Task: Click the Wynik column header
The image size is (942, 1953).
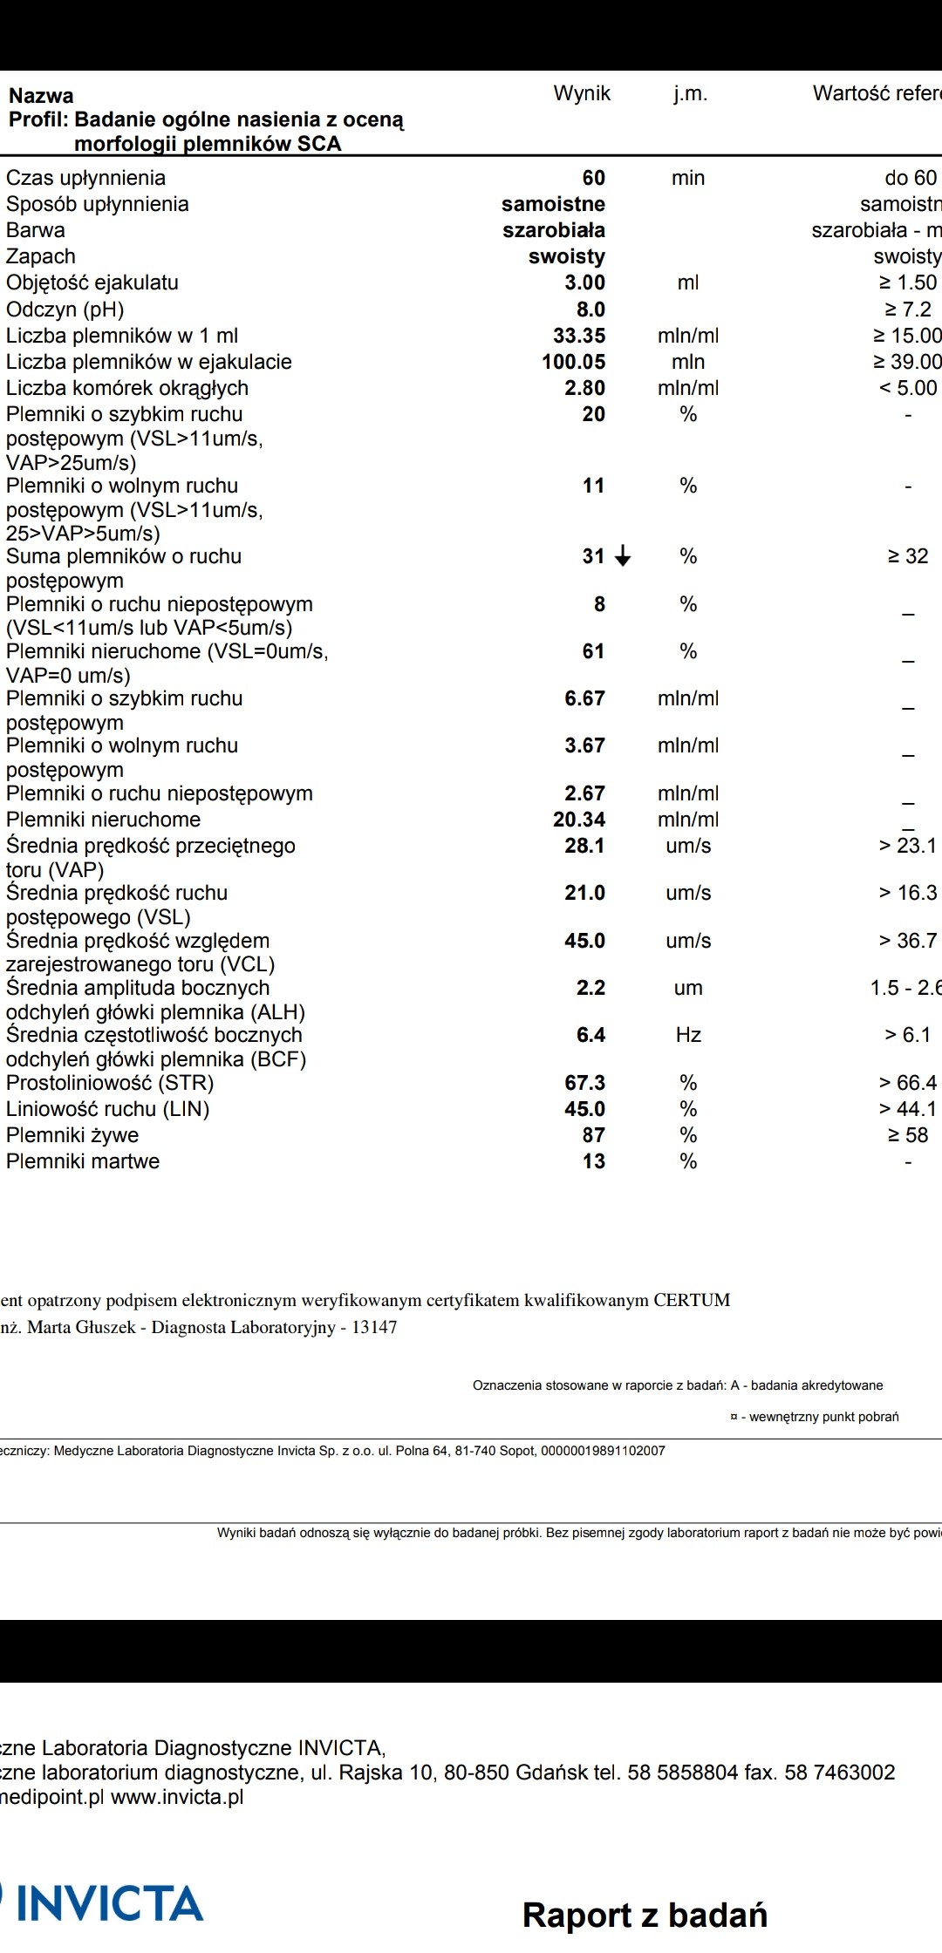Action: tap(582, 94)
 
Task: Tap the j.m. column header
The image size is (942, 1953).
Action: tap(690, 94)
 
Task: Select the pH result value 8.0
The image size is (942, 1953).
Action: tap(590, 310)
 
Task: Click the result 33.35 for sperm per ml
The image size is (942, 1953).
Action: tap(579, 336)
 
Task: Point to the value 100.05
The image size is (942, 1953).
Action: tap(573, 362)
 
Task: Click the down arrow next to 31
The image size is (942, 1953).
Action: tap(623, 556)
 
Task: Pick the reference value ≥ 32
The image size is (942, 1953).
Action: tap(908, 556)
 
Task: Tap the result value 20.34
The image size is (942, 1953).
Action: tap(579, 820)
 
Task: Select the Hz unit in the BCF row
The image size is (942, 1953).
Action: tap(688, 1035)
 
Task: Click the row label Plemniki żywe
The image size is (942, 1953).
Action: tap(72, 1135)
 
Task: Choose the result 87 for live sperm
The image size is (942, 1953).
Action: tap(593, 1135)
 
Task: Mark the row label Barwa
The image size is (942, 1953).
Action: tap(36, 230)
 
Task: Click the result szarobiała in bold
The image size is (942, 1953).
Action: tap(554, 230)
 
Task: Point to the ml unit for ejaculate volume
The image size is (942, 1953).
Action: tap(688, 282)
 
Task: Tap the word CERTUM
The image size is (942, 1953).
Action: tap(692, 1300)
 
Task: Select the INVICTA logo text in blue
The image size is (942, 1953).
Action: tap(110, 1903)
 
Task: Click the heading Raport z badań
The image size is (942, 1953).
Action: tap(645, 1916)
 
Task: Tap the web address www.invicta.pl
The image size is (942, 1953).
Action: tap(177, 1797)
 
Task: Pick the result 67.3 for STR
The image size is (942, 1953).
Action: tap(584, 1083)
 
